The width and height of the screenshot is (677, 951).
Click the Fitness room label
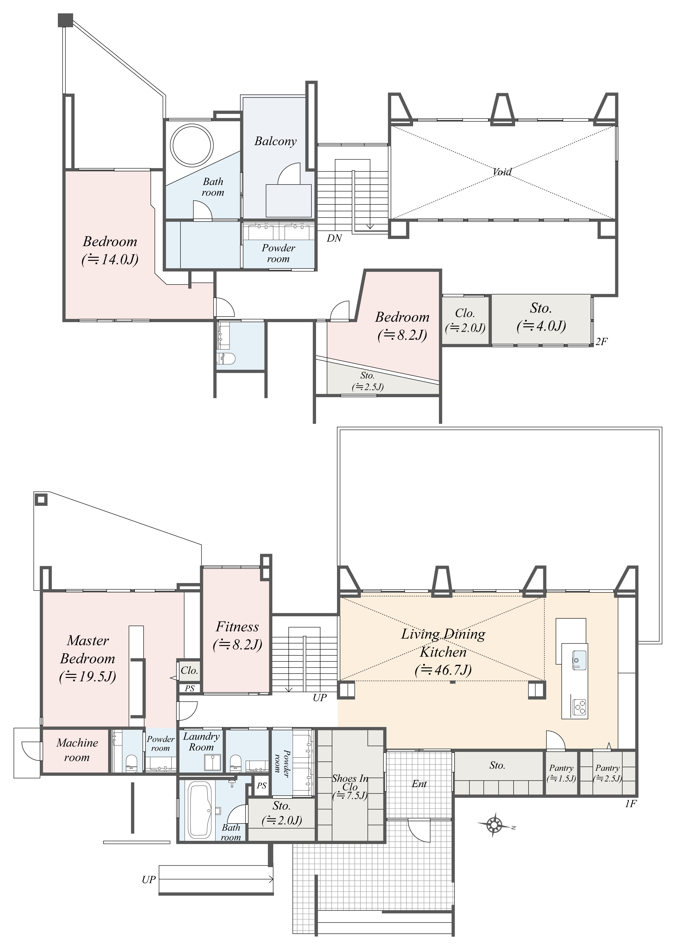237,627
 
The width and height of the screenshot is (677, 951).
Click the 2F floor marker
601,342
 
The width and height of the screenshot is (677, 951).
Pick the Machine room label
77,750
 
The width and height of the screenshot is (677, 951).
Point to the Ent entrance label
419,784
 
